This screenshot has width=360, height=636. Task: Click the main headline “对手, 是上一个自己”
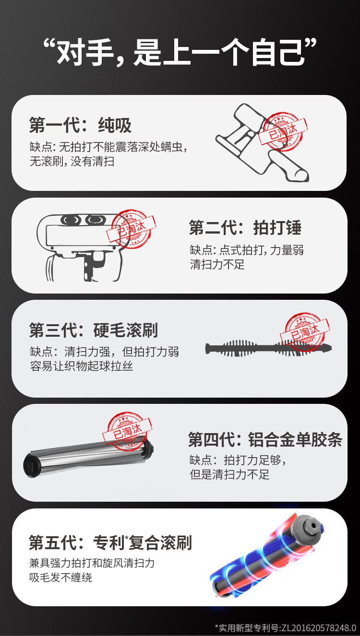[180, 53]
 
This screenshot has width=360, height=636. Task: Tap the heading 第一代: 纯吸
[81, 125]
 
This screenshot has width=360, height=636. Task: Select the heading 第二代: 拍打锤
[245, 228]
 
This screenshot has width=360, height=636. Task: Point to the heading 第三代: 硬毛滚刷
[94, 330]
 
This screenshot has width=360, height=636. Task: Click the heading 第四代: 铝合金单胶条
[265, 440]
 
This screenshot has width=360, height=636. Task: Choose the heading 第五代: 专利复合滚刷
[110, 542]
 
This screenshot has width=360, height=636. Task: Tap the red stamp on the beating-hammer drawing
[131, 229]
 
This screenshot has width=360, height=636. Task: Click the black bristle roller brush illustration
[268, 348]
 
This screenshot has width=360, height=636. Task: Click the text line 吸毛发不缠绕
[60, 577]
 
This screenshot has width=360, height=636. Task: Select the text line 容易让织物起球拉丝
[81, 366]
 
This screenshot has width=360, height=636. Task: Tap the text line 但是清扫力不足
[229, 474]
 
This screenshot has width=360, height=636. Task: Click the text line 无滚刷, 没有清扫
[72, 161]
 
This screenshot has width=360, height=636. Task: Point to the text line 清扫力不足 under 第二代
[217, 264]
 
